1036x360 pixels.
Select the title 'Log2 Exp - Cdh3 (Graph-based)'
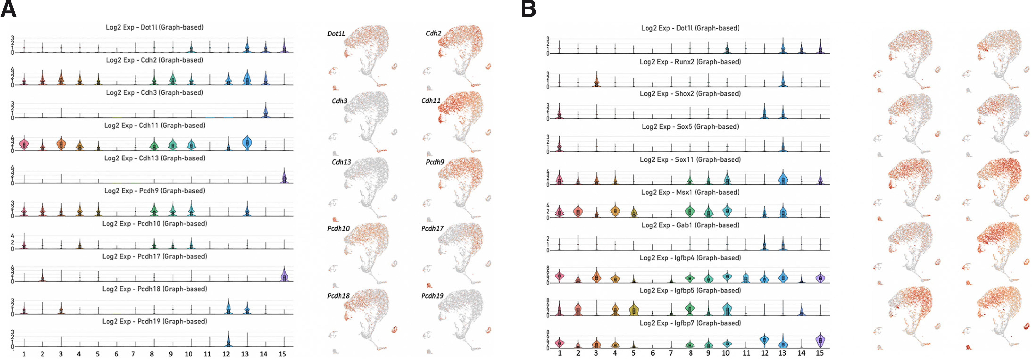[x=154, y=93]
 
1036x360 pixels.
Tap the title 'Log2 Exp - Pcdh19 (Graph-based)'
[x=154, y=321]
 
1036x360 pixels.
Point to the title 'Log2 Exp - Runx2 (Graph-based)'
[x=690, y=62]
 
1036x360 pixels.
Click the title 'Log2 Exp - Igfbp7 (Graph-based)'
[x=690, y=323]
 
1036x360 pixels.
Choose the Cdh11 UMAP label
[x=431, y=101]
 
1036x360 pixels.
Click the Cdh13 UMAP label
[x=341, y=162]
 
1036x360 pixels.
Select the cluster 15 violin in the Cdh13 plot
[x=284, y=177]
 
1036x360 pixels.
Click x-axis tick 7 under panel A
[x=133, y=354]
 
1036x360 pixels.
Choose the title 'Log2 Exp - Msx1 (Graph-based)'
[x=690, y=192]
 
